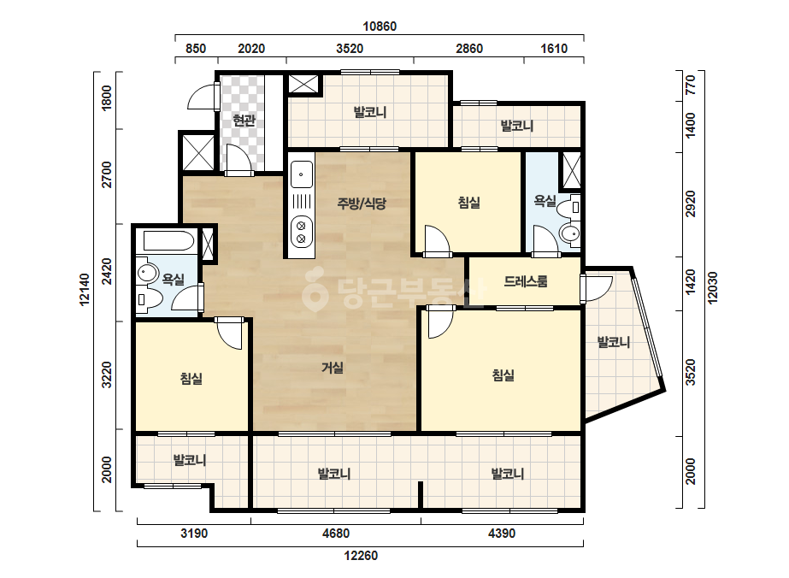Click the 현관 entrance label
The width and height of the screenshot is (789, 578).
[x=244, y=121]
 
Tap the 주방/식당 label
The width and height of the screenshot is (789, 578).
[x=362, y=203]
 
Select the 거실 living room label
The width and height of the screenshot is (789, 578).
[x=333, y=368]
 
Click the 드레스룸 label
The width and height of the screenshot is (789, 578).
[x=526, y=281]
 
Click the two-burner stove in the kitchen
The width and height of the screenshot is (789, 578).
[x=302, y=232]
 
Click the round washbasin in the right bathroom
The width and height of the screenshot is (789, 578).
[x=569, y=233]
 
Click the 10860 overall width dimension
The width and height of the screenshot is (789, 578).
[x=380, y=27]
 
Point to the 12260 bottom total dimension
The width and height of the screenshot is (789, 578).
[x=361, y=556]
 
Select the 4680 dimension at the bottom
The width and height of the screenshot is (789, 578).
[x=336, y=534]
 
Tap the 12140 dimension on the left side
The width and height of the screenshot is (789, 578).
[x=84, y=289]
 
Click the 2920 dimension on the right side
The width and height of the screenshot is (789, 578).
[x=691, y=203]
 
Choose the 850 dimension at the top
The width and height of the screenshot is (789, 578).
[x=196, y=49]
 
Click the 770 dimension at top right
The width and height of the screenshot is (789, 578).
[x=691, y=86]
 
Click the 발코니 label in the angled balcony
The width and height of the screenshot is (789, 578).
[x=614, y=342]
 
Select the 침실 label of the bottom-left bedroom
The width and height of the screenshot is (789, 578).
[x=191, y=378]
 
